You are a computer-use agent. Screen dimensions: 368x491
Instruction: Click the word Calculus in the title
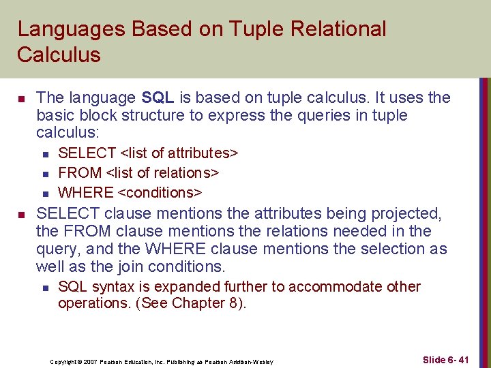click(59, 55)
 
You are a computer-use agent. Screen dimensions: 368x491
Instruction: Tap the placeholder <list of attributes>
click(179, 153)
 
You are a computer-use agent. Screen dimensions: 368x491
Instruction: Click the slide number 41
click(463, 359)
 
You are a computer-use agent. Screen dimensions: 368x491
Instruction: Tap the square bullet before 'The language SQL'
click(20, 99)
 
